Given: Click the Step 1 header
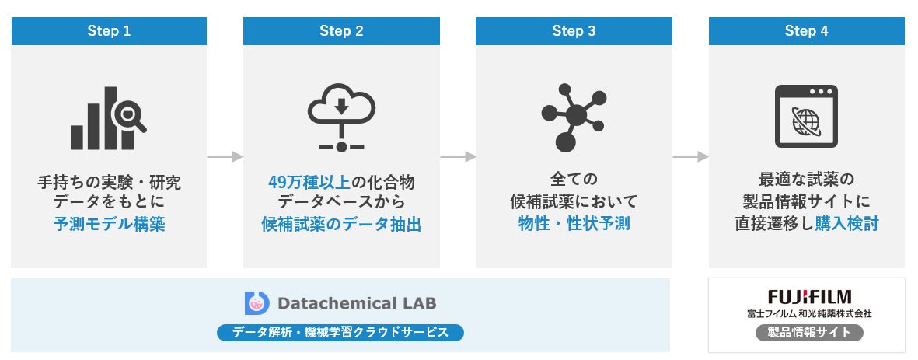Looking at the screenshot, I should point(109,31).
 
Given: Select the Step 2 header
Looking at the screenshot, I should point(341,31).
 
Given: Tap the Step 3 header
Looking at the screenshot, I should point(574,31).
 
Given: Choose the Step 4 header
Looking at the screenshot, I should point(806,31).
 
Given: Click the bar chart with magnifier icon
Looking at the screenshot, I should point(108,117).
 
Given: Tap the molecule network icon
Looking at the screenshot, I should point(574,117).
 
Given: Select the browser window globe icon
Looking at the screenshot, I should point(806,117).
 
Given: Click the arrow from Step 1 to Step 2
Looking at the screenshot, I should point(225,157).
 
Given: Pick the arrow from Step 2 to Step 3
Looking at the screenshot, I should point(458,157).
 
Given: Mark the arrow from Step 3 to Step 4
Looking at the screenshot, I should point(690,157).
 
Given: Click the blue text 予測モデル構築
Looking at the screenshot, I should point(109,225).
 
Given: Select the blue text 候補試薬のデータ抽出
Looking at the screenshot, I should point(341,225).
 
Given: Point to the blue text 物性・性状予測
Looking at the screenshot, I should point(574,225).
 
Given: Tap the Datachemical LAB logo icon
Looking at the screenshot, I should point(257,302).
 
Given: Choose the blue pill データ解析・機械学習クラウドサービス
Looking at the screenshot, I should point(340,333).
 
